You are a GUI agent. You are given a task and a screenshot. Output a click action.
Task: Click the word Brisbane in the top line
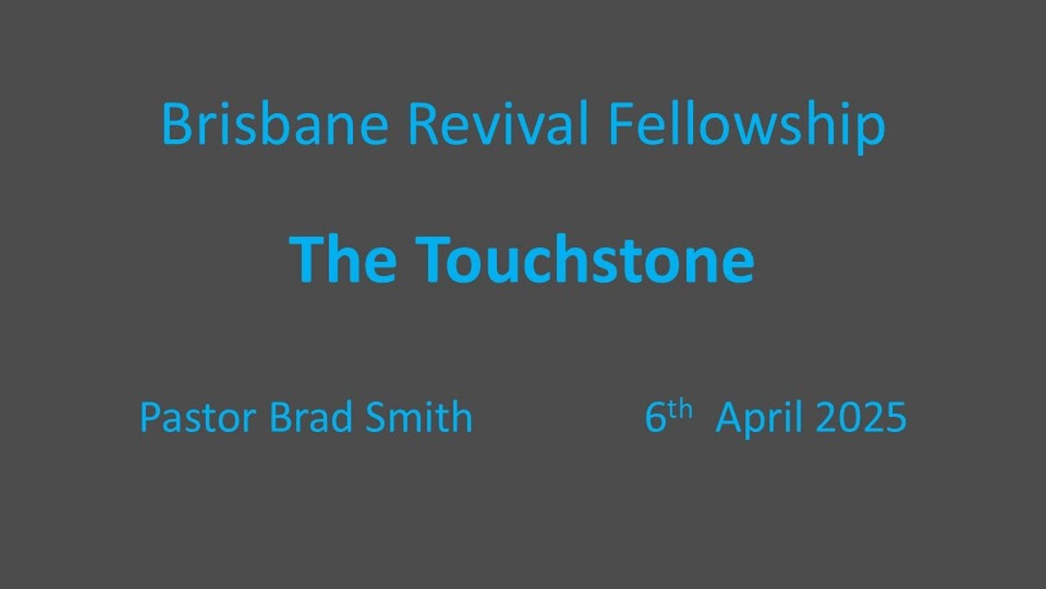coord(274,124)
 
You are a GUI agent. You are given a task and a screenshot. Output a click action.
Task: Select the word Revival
coord(497,124)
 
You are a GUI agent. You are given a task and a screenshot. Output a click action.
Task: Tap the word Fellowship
coord(746,124)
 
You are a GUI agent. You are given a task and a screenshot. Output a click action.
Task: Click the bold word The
coord(343,259)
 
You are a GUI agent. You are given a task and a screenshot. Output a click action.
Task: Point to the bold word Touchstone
coord(584,259)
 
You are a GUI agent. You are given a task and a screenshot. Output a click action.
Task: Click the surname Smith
coord(418,417)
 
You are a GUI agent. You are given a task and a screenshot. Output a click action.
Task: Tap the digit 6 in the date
coord(655,418)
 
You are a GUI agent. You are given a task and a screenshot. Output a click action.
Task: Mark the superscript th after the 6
coord(680,409)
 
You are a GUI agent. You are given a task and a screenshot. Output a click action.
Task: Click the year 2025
coord(860,418)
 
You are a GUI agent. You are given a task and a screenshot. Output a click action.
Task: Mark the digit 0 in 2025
coord(849,418)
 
